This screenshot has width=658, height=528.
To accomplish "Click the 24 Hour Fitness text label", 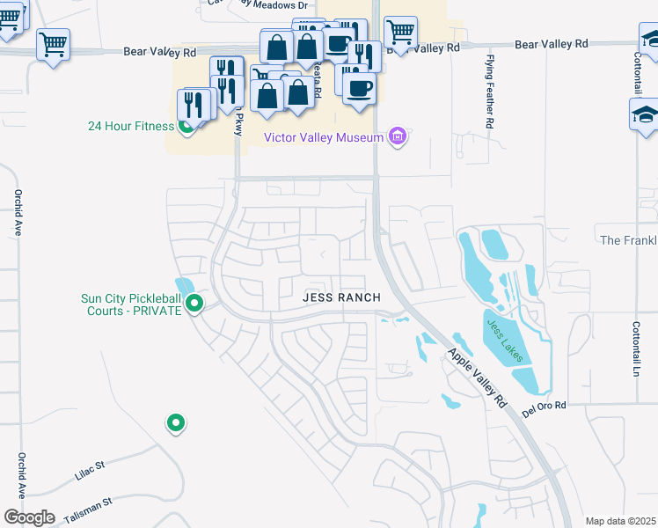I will click(131, 126).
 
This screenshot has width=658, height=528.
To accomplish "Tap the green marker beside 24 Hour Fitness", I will click(186, 127).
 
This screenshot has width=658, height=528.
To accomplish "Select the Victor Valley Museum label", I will click(325, 137).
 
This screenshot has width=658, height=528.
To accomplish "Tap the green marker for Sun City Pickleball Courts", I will click(195, 304).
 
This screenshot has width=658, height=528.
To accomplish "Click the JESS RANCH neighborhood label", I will click(341, 297).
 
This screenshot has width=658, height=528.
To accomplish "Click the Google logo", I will click(30, 517).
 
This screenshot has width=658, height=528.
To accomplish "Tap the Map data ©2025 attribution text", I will click(620, 521).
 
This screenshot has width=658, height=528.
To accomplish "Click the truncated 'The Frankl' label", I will click(628, 240).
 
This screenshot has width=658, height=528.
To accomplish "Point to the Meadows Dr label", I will click(278, 5).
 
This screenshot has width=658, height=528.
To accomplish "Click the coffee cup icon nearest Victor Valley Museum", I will click(359, 90).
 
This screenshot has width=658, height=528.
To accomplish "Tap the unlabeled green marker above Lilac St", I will click(176, 423).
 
